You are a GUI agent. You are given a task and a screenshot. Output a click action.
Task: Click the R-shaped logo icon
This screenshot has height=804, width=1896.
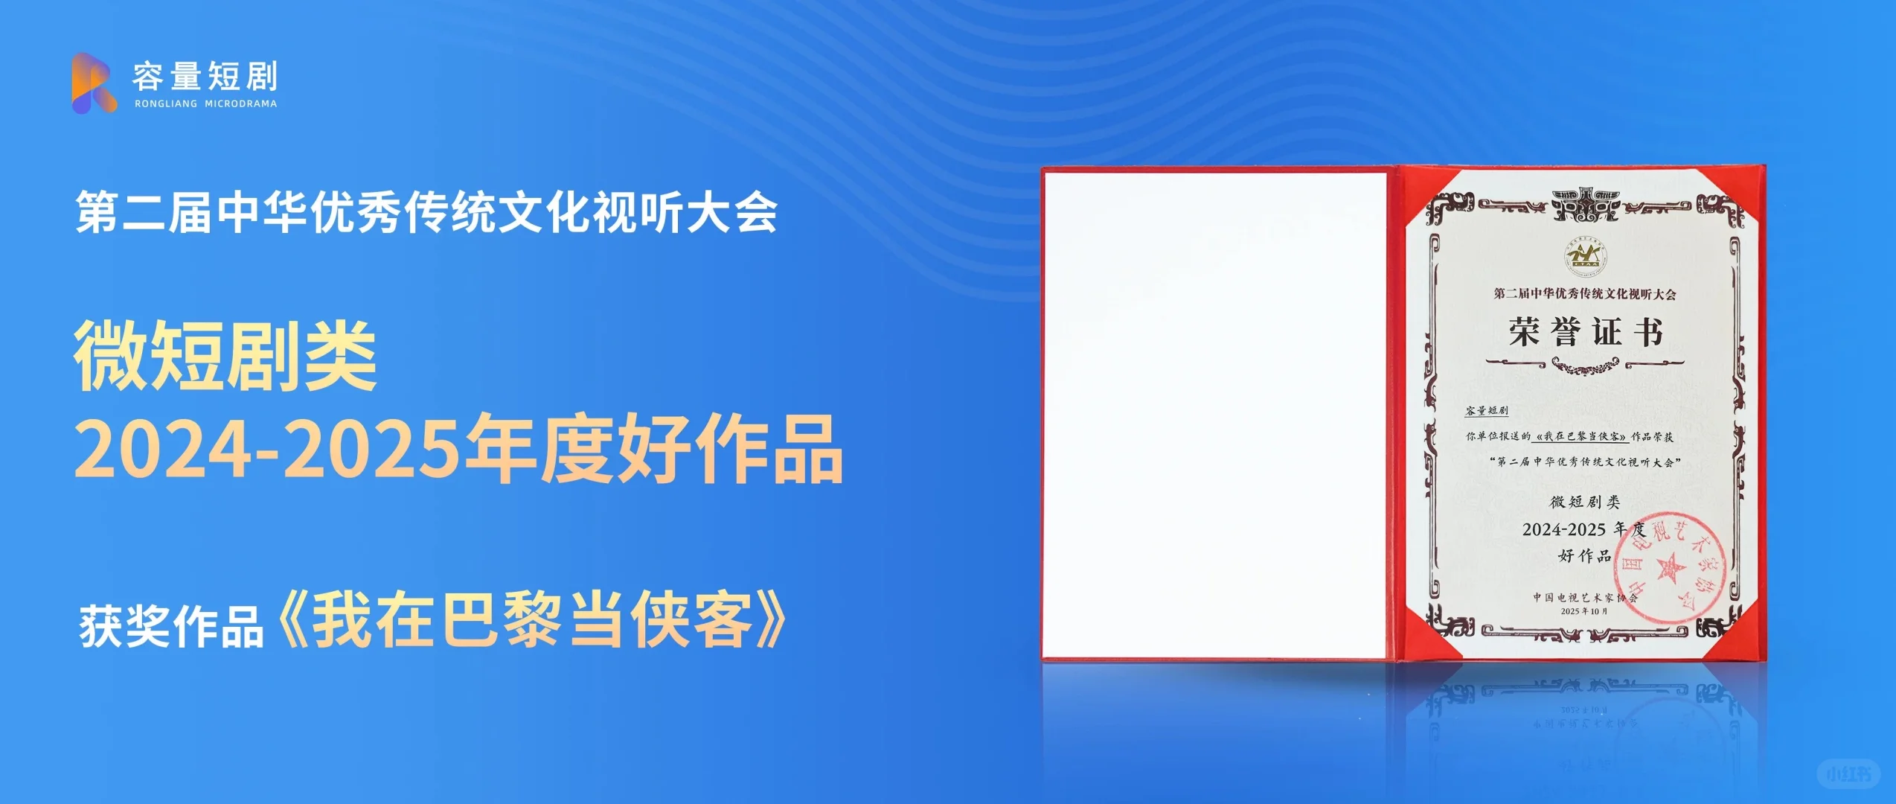coord(94,83)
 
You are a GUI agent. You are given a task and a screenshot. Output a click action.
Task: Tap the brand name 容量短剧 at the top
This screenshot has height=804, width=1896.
coord(205,76)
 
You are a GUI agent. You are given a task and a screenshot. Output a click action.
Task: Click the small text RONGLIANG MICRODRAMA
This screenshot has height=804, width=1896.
coord(205,104)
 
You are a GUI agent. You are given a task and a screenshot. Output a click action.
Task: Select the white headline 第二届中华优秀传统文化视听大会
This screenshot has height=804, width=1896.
coord(426,212)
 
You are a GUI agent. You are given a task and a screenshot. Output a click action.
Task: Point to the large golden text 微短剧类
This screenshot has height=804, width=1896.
coord(225,356)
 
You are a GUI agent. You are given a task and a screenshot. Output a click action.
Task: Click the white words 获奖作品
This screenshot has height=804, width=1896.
coord(171,626)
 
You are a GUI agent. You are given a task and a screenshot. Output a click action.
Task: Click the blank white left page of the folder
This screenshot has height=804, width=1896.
coord(1214,414)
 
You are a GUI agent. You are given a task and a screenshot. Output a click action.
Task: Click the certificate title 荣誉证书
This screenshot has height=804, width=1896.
coord(1585,332)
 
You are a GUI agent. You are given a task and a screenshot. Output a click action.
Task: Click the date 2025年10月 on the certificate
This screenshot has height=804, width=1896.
coord(1584,611)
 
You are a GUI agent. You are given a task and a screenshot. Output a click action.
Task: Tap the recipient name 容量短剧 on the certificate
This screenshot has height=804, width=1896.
coord(1486,410)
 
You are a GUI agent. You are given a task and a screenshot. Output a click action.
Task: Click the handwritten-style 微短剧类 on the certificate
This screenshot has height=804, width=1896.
coord(1584,502)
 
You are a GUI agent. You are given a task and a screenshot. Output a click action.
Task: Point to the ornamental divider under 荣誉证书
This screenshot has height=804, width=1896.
coord(1584,364)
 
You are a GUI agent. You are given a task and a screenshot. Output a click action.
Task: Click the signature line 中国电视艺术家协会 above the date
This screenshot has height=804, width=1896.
coord(1584,597)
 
